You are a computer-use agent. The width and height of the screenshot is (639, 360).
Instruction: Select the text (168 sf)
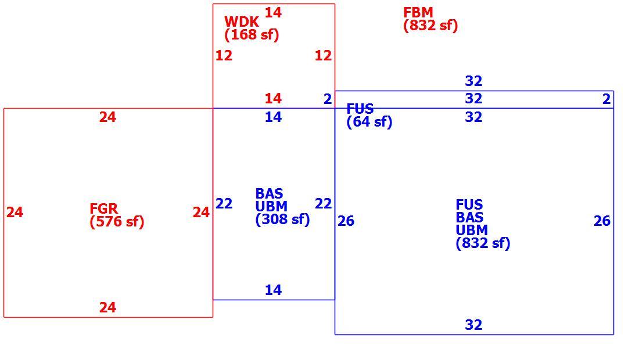pyautogui.click(x=252, y=34)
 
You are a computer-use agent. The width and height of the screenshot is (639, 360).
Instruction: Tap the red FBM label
pyautogui.click(x=418, y=12)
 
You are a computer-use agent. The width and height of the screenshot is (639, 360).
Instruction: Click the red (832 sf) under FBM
pyautogui.click(x=431, y=25)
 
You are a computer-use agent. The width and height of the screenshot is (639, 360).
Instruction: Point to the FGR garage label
pyautogui.click(x=103, y=208)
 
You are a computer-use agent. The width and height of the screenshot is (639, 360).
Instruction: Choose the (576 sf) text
pyautogui.click(x=117, y=222)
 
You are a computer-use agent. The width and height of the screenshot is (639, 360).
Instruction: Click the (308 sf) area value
pyautogui.click(x=282, y=219)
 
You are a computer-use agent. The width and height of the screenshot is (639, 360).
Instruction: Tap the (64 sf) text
pyautogui.click(x=369, y=122)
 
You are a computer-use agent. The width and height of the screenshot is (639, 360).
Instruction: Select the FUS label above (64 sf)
pyautogui.click(x=360, y=109)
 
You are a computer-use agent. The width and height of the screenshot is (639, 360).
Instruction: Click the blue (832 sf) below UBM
pyautogui.click(x=483, y=243)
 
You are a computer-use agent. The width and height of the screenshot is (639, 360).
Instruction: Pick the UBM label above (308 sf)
pyautogui.click(x=271, y=206)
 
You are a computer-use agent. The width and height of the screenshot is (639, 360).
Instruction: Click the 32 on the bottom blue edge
pyautogui.click(x=473, y=325)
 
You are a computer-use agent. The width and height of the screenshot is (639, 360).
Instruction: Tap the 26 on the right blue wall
pyautogui.click(x=602, y=221)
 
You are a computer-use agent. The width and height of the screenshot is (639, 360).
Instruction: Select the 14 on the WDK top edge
pyautogui.click(x=273, y=13)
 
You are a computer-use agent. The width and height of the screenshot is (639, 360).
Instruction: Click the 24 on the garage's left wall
pyautogui.click(x=15, y=212)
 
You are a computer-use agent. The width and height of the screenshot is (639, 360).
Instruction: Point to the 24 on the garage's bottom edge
pyautogui.click(x=107, y=307)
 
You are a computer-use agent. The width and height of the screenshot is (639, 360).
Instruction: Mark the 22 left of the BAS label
pyautogui.click(x=224, y=203)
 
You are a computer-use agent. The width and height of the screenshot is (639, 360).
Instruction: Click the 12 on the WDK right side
pyautogui.click(x=323, y=55)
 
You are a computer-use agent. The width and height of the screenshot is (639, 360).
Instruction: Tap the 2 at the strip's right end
pyautogui.click(x=606, y=99)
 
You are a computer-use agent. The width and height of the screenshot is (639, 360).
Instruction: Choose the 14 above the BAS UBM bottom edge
pyautogui.click(x=273, y=290)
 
